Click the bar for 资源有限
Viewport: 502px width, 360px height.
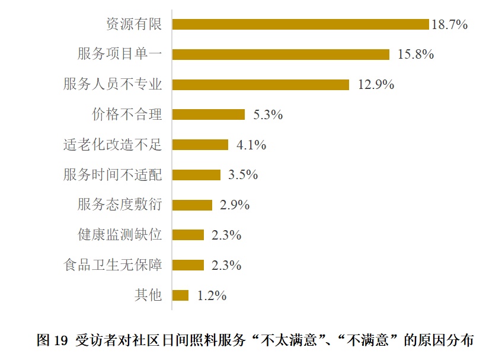click(300, 24)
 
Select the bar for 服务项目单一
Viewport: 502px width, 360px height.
click(280, 55)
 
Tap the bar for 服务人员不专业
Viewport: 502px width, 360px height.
click(260, 85)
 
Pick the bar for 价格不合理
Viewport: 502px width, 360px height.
click(208, 115)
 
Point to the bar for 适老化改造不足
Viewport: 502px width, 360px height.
click(200, 145)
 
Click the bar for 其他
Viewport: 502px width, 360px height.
click(180, 295)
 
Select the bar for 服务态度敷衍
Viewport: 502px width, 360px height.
click(192, 205)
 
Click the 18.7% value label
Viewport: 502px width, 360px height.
click(450, 24)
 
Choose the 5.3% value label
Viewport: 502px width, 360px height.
click(268, 115)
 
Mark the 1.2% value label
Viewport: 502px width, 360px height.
click(212, 295)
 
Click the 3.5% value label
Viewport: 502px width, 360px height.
click(243, 175)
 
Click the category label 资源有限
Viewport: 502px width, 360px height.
click(134, 24)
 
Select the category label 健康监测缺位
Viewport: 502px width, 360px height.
click(120, 235)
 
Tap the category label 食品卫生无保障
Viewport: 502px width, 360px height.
click(113, 265)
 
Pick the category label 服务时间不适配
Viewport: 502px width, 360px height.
click(113, 175)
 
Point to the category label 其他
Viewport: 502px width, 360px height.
click(148, 295)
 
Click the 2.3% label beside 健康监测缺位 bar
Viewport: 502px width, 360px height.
click(226, 235)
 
